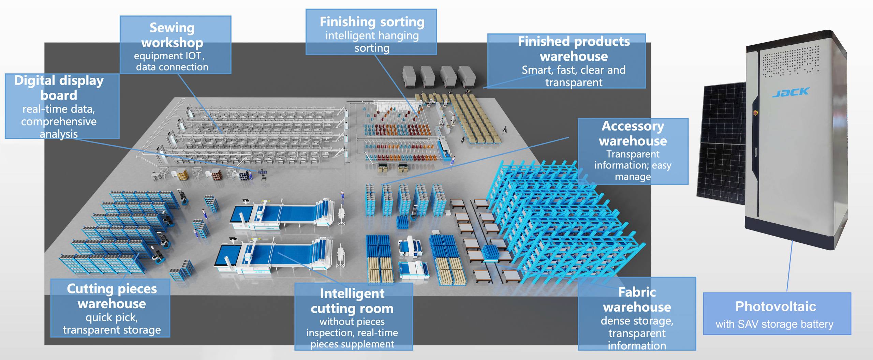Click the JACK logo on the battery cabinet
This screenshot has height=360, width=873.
(790, 92)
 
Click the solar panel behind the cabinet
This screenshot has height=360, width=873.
(723, 143)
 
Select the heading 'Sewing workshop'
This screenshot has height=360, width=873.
(172, 35)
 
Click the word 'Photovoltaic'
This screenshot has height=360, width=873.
(775, 306)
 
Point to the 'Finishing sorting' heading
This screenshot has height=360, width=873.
(372, 22)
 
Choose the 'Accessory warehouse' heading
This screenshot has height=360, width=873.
(633, 133)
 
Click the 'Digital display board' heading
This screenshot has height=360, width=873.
(59, 88)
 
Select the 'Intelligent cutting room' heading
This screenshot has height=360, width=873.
(352, 301)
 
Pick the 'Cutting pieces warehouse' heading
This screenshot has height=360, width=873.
(112, 296)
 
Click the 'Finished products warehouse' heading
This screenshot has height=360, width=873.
(574, 49)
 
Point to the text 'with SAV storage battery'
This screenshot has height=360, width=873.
(774, 324)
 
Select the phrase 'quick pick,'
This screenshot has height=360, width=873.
(112, 317)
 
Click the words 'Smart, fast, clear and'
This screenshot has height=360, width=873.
(574, 70)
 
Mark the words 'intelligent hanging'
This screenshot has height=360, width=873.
(372, 35)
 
